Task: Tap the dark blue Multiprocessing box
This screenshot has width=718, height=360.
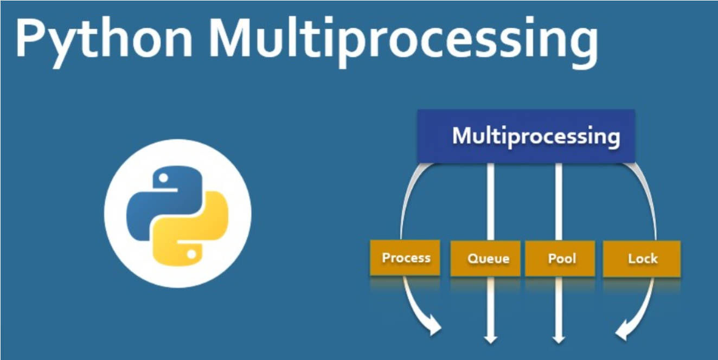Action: (525, 136)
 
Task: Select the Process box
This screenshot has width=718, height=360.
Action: (405, 258)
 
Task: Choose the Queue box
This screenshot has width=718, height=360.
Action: (488, 258)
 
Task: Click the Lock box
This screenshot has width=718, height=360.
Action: (642, 258)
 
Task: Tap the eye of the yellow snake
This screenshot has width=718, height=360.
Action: (190, 253)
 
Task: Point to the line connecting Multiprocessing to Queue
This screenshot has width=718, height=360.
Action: (491, 201)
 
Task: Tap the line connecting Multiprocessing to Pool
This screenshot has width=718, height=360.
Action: (559, 201)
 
